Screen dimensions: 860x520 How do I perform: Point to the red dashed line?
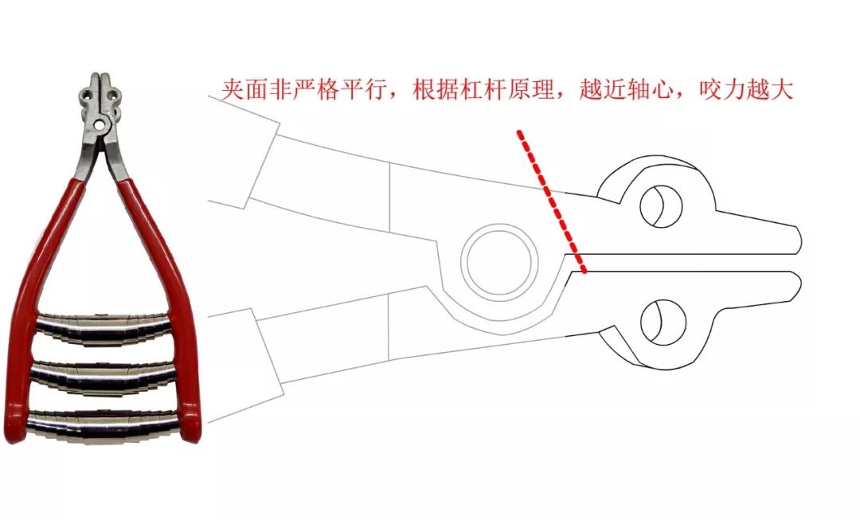pyautogui.click(x=552, y=201)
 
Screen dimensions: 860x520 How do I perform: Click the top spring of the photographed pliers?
pyautogui.click(x=104, y=328)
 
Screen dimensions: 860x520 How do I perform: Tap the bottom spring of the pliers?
pyautogui.click(x=104, y=423)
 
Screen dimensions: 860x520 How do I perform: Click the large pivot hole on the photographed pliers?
pyautogui.click(x=99, y=126)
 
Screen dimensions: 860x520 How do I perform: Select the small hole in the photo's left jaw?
pyautogui.click(x=88, y=94)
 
